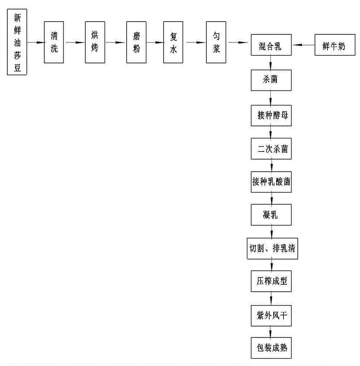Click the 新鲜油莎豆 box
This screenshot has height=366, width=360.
pos(18,43)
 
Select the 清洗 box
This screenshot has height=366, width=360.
pos(54,43)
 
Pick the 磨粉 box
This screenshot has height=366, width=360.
pos(136,43)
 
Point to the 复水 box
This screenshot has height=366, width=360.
pos(173,43)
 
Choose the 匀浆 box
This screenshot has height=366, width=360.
pos(216,43)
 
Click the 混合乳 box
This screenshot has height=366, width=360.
pos(271,46)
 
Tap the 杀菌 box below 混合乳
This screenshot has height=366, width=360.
pos(271,79)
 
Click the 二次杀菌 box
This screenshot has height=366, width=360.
pos(271,149)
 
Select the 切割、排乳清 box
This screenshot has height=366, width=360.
pos(271,249)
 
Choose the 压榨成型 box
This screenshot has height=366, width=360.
pos(271,281)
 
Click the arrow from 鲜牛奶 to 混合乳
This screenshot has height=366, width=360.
pos(303,45)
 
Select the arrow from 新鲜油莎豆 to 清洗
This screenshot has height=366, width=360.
pos(35,43)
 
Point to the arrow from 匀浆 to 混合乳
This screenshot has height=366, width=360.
pos(238,43)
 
